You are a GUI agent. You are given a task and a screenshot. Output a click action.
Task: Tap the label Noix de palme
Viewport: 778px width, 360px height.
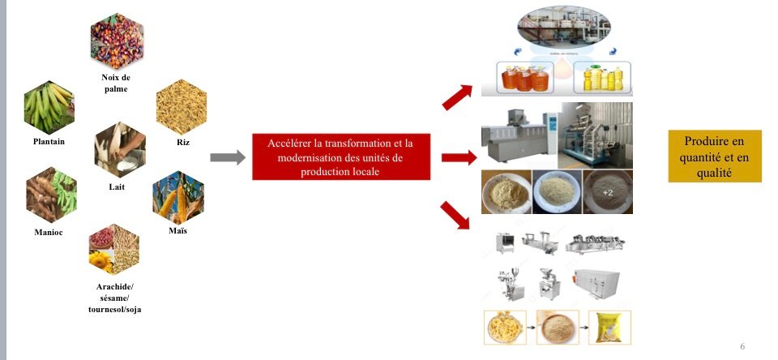[116, 83]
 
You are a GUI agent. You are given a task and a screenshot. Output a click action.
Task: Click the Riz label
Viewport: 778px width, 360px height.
[182, 141]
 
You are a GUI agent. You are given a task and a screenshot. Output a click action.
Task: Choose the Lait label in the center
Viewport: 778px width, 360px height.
[117, 186]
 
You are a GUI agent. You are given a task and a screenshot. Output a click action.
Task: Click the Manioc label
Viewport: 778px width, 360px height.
[49, 233]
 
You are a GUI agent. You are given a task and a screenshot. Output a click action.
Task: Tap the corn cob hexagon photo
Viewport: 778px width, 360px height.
[177, 198]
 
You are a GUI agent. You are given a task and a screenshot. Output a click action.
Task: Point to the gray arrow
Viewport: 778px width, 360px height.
[227, 158]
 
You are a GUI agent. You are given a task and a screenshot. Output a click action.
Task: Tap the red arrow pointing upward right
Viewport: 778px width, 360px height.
[460, 96]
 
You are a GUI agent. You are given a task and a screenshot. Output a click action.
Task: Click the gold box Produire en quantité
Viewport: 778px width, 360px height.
[714, 156]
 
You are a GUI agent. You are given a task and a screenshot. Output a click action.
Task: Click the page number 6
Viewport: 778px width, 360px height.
[742, 346]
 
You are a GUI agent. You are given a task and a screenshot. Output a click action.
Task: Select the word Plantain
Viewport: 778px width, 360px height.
[49, 141]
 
